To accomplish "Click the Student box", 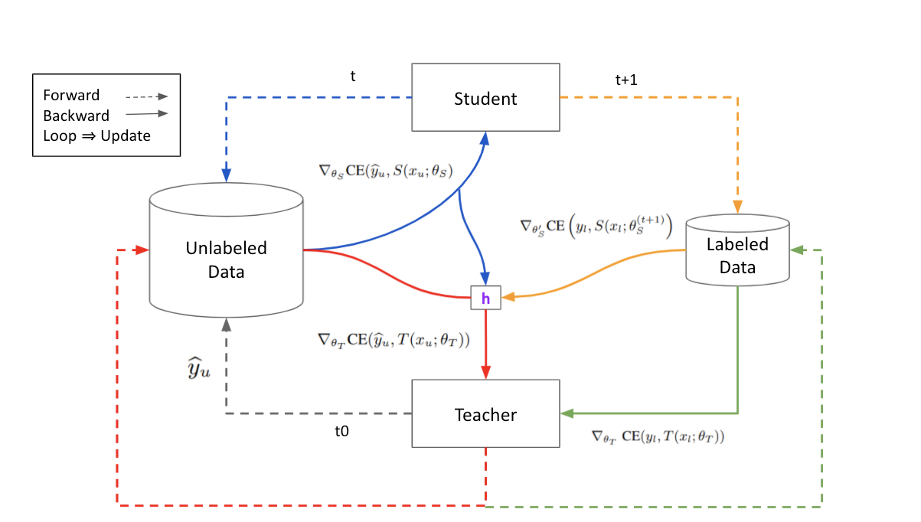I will pyautogui.click(x=485, y=98).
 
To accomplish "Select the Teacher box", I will pyautogui.click(x=485, y=414).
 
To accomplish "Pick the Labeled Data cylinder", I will pyautogui.click(x=736, y=256).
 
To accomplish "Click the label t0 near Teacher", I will pyautogui.click(x=341, y=431).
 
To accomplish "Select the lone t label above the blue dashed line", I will pyautogui.click(x=352, y=76).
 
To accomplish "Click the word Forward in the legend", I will pyautogui.click(x=71, y=96).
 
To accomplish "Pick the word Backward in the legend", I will pyautogui.click(x=76, y=116).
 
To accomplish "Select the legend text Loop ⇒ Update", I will pyautogui.click(x=96, y=136).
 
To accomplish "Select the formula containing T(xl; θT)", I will pyautogui.click(x=658, y=437).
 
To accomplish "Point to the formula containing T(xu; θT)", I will pyautogui.click(x=394, y=338).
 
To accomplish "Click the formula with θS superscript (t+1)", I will pyautogui.click(x=596, y=227).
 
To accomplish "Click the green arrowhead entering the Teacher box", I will pyautogui.click(x=567, y=413).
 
